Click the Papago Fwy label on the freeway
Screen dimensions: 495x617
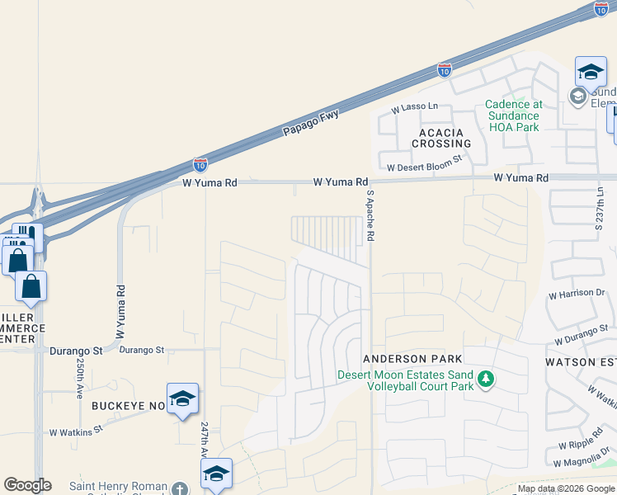(311, 123)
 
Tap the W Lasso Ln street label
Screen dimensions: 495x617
(414, 108)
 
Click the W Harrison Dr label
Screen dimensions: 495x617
(577, 294)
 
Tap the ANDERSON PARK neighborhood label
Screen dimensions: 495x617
(412, 359)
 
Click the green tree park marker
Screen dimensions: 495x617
(487, 379)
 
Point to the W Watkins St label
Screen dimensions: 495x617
(75, 430)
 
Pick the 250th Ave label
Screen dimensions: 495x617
(80, 379)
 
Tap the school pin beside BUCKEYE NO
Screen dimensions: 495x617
(182, 398)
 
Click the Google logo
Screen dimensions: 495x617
(27, 485)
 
